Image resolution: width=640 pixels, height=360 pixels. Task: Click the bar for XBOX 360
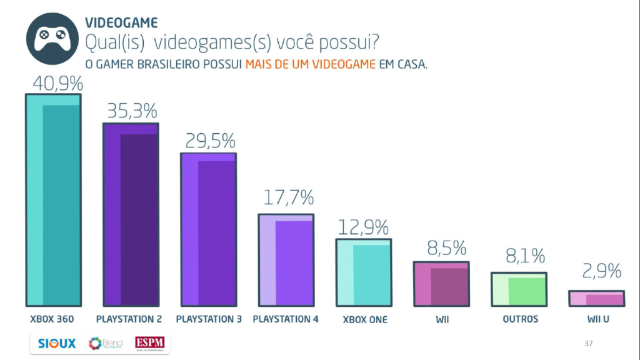(53, 200)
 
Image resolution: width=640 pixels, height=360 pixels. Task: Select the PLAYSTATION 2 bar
(131, 214)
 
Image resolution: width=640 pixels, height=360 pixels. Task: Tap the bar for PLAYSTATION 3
(209, 229)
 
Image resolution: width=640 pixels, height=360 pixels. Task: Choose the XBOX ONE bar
(364, 272)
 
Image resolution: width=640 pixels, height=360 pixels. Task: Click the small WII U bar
(596, 299)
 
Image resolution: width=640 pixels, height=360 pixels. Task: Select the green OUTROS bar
(519, 289)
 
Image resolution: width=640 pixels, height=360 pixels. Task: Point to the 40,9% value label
(54, 83)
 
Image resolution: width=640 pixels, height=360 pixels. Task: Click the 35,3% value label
(131, 112)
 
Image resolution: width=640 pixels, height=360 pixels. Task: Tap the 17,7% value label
(287, 199)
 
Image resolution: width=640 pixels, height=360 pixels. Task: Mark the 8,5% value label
(442, 249)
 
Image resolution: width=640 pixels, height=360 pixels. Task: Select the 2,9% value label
(597, 271)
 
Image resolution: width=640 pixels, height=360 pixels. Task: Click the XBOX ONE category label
(365, 319)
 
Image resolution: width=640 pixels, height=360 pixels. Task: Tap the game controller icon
(52, 39)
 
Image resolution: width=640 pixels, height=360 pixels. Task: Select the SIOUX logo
(56, 343)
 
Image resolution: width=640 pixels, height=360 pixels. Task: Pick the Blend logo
(105, 344)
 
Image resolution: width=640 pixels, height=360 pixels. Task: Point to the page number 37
(588, 343)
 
